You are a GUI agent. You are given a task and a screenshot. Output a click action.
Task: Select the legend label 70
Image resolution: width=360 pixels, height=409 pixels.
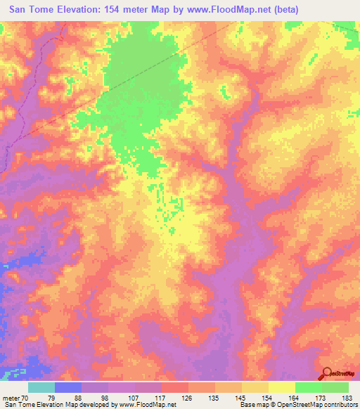click(x=25, y=398)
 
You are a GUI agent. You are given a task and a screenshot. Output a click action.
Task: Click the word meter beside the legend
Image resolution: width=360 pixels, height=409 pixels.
click(x=10, y=398)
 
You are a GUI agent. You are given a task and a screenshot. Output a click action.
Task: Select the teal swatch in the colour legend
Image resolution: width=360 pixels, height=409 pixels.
click(x=41, y=387)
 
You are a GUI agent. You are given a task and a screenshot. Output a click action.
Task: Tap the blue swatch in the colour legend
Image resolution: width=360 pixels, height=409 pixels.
click(x=68, y=387)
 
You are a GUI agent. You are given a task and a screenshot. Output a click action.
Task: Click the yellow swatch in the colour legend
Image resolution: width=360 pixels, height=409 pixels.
click(x=282, y=387)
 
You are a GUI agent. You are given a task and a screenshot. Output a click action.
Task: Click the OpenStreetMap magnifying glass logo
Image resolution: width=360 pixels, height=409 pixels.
click(x=326, y=374)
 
